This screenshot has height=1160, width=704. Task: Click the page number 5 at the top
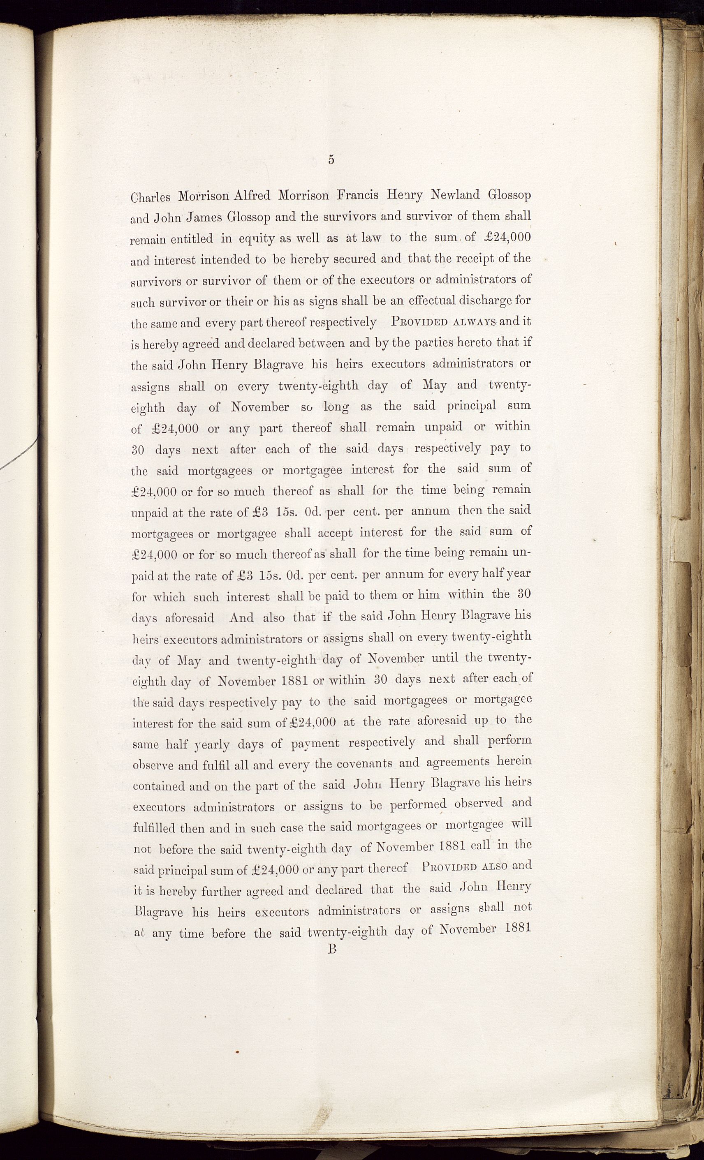pyautogui.click(x=331, y=159)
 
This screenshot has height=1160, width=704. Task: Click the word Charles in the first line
pyautogui.click(x=150, y=197)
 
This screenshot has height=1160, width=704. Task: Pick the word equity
pyautogui.click(x=257, y=239)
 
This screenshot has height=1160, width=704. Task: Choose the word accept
pyautogui.click(x=335, y=533)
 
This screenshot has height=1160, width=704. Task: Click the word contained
pyautogui.click(x=159, y=786)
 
